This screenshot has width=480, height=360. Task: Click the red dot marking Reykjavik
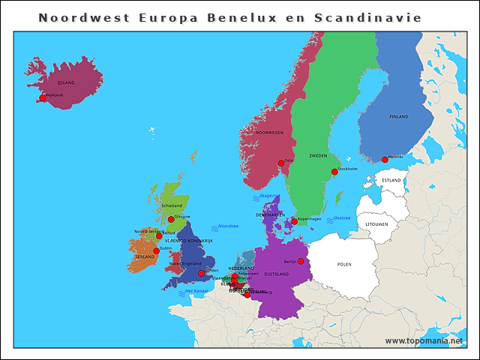point(43,98)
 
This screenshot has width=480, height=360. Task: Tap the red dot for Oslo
point(281,163)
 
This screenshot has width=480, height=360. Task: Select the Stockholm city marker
point(335,172)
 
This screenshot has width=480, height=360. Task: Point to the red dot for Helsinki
point(385,159)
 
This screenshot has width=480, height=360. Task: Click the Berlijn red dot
point(301,262)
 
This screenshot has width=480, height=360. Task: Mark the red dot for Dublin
point(156,251)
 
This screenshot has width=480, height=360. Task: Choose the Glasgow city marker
point(170,219)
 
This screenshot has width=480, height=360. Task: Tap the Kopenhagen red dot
point(295,221)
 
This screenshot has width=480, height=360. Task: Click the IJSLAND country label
point(66,82)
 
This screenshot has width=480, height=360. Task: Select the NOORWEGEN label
point(269,132)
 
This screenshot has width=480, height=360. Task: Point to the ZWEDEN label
point(319,156)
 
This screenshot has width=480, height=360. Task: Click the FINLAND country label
point(399,117)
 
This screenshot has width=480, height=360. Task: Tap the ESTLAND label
point(391,181)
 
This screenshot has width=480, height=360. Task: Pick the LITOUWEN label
point(376,224)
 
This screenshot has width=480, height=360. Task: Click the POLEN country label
point(344,264)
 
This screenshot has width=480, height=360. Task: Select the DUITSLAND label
point(277,274)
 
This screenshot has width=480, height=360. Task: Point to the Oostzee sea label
point(341,218)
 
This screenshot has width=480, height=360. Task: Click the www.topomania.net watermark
point(424,340)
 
